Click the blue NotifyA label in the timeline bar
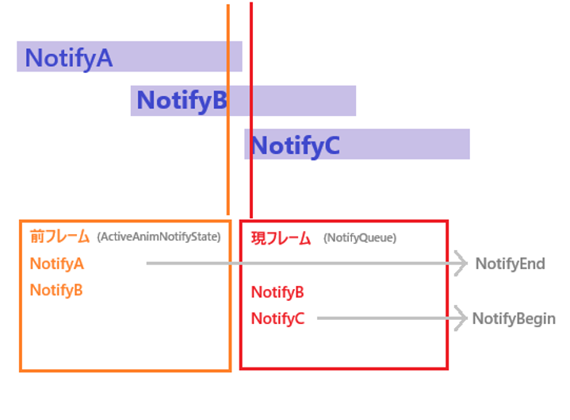point(69,58)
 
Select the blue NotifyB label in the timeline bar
point(182,101)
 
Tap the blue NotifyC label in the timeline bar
point(296,145)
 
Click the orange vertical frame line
point(228,110)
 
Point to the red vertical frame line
point(251,110)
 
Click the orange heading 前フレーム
point(59,237)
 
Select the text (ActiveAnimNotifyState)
point(159,237)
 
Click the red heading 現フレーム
point(281,238)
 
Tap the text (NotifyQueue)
point(360,238)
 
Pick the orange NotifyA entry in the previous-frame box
point(57,264)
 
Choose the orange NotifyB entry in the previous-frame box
point(56,290)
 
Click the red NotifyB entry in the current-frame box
point(277,292)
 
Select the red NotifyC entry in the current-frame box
point(277,318)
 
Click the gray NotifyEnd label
point(511,264)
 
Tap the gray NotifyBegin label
point(514,319)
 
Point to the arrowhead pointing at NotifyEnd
point(461,263)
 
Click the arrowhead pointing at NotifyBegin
point(461,318)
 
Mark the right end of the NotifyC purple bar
point(469,144)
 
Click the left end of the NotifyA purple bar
point(17,56)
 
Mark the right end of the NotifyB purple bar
point(356,101)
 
